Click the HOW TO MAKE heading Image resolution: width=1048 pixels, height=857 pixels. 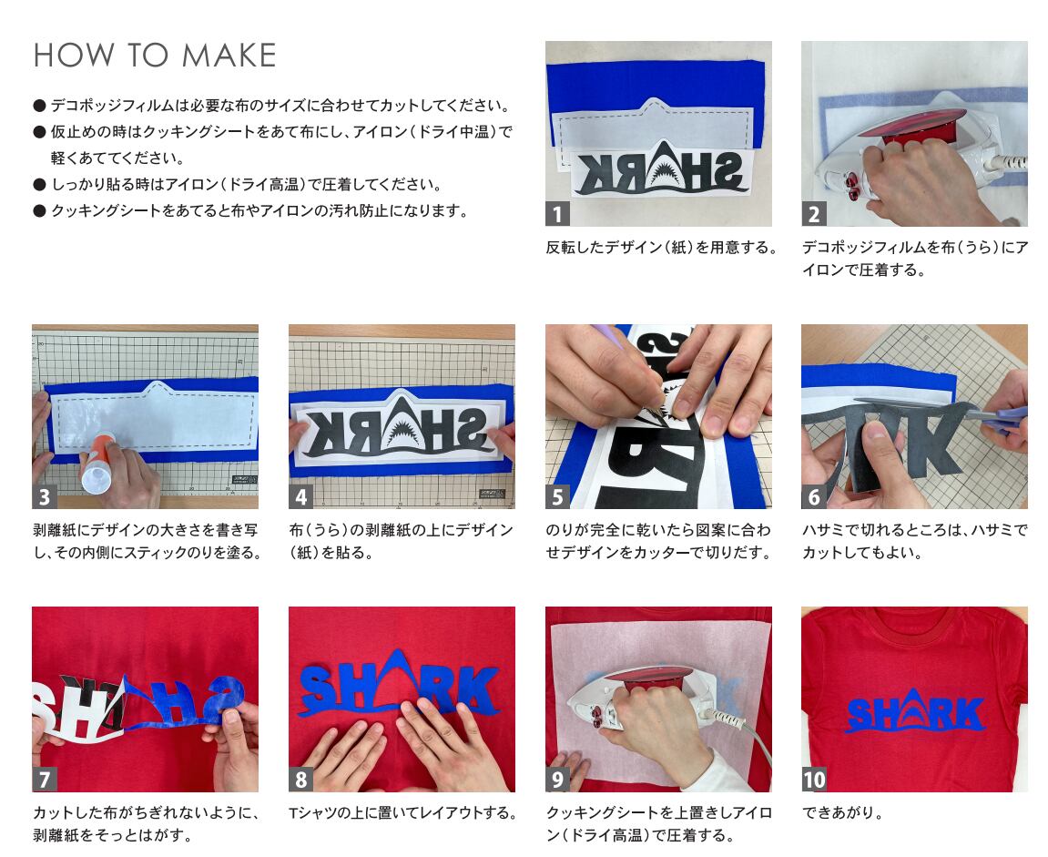[155, 56]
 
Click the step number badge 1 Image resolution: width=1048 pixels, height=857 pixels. [557, 214]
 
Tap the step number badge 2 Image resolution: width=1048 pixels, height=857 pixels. [813, 214]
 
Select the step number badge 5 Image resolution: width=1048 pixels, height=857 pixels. [557, 496]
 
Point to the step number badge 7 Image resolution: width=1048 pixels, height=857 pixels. [44, 780]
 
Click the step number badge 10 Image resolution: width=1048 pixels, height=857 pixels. [814, 780]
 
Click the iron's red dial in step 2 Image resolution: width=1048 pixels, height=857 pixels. [853, 188]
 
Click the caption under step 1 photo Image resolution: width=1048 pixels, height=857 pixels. [662, 248]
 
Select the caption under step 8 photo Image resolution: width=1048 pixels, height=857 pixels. [403, 813]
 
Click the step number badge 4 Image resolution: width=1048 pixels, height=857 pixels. [300, 496]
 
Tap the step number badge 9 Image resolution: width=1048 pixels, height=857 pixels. [557, 780]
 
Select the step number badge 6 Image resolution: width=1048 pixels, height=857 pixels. [813, 496]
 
